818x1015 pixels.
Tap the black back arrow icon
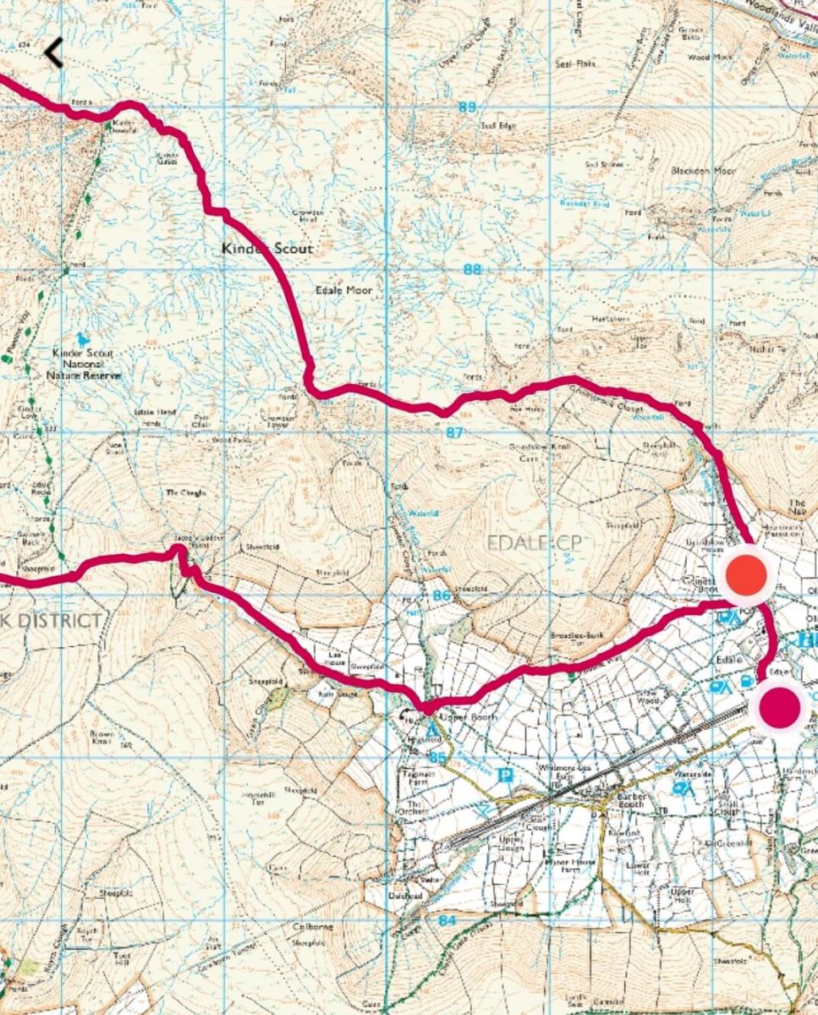[53, 53]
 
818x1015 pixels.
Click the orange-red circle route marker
[747, 574]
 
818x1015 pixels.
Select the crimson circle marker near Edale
[779, 707]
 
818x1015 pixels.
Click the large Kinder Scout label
[266, 249]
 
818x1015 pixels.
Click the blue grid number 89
[466, 107]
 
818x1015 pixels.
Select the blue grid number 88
[472, 270]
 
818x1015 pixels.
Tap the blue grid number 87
[455, 432]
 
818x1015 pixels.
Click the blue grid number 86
[440, 595]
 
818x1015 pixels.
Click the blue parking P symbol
[506, 775]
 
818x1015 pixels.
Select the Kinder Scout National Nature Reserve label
[86, 363]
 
